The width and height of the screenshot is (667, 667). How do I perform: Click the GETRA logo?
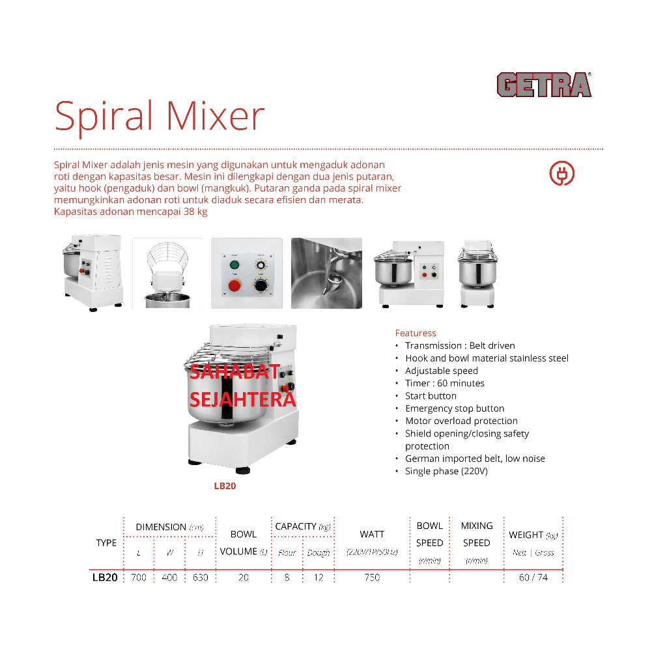(x=544, y=85)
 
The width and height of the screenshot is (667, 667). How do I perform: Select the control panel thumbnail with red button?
(x=246, y=273)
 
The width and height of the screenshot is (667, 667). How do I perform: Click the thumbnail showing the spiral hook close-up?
(x=326, y=273)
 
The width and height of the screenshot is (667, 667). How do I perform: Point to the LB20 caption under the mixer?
(x=225, y=486)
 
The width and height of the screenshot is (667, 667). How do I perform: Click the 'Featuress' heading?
(x=416, y=333)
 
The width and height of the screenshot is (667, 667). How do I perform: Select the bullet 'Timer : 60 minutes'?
(x=444, y=383)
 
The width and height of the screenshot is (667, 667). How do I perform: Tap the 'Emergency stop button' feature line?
(x=455, y=408)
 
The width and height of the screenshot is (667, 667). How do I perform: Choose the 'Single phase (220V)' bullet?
(x=446, y=471)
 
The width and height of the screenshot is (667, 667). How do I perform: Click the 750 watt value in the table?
(x=372, y=577)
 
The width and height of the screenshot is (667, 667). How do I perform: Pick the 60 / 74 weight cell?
(x=533, y=577)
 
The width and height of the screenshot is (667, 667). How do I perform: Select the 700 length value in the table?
(x=139, y=577)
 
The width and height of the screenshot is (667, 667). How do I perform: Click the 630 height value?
(x=201, y=577)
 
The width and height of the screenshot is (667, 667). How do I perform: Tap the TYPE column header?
(x=106, y=543)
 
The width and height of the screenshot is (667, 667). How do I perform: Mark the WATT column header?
(x=372, y=534)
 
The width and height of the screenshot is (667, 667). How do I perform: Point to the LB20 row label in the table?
(x=105, y=577)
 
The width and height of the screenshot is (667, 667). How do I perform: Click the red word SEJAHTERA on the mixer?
(x=242, y=399)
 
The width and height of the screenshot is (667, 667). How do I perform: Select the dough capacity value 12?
(x=319, y=577)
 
